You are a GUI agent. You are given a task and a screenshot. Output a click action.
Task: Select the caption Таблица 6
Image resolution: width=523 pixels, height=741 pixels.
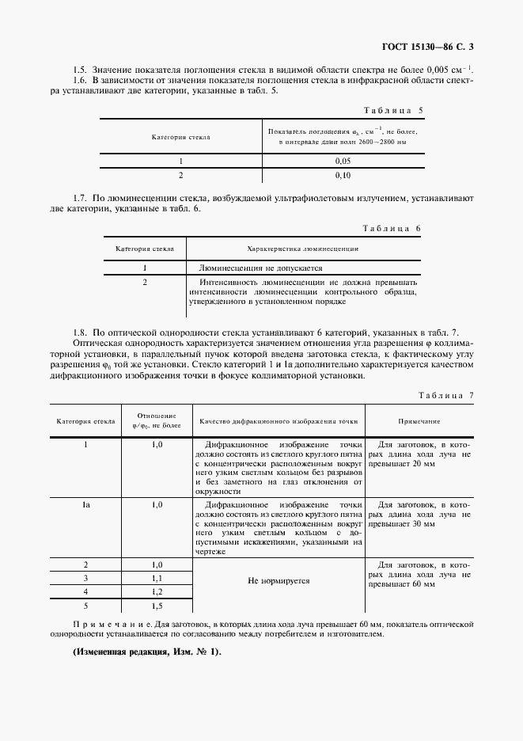pos(392,228)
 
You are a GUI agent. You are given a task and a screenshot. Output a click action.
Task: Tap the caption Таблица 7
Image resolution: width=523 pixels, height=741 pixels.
pos(444,394)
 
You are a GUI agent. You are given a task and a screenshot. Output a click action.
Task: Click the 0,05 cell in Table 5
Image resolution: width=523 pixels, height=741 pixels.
pos(343,160)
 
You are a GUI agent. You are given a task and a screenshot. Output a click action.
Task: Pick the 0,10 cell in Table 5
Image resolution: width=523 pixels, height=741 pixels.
pos(343,174)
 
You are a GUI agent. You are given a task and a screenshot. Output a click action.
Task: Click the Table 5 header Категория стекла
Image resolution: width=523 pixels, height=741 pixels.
pos(180,137)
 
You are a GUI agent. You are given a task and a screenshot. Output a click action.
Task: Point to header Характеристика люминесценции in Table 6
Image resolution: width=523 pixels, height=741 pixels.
pos(303,248)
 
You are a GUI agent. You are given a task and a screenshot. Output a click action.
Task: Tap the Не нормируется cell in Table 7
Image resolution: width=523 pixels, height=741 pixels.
pos(279,580)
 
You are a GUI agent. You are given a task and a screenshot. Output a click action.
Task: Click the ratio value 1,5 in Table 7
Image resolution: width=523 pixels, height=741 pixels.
pos(157,606)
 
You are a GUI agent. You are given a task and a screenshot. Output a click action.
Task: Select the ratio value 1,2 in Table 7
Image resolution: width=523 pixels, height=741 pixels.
pos(157,592)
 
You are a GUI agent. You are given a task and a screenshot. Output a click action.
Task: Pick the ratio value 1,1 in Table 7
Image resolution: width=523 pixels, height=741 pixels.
pos(157,579)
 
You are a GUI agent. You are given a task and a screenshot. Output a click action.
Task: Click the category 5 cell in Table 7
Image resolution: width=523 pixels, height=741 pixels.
pos(85,606)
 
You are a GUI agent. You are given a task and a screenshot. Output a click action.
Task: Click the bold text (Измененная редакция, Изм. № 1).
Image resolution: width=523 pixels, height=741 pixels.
pos(147,652)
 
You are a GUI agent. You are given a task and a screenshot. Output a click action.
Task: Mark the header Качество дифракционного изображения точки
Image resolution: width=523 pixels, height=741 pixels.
pos(279,422)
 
